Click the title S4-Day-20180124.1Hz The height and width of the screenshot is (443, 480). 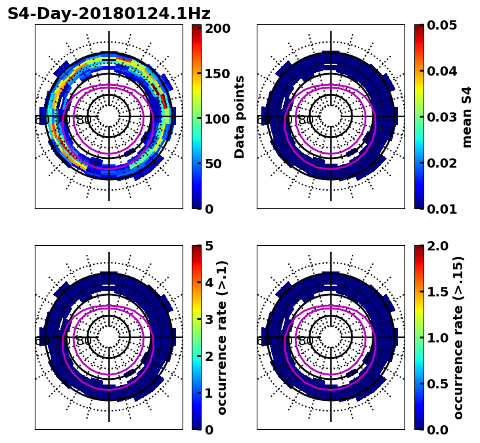(x=109, y=14)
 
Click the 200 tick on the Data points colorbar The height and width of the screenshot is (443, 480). (x=217, y=28)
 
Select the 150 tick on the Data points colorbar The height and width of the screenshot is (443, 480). (x=217, y=74)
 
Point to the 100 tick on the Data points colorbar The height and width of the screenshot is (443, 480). (x=217, y=119)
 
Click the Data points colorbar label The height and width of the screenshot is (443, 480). (x=240, y=116)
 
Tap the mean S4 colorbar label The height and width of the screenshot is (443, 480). (x=467, y=116)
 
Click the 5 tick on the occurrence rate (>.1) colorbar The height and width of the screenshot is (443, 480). (x=209, y=246)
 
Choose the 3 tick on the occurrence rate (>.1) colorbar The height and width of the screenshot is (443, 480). (x=209, y=319)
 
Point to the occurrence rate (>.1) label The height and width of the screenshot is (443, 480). (x=222, y=338)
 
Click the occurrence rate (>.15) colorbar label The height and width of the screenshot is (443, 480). (x=458, y=338)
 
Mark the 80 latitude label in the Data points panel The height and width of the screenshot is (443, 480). (x=84, y=120)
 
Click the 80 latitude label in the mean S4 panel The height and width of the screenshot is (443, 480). (x=306, y=120)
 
